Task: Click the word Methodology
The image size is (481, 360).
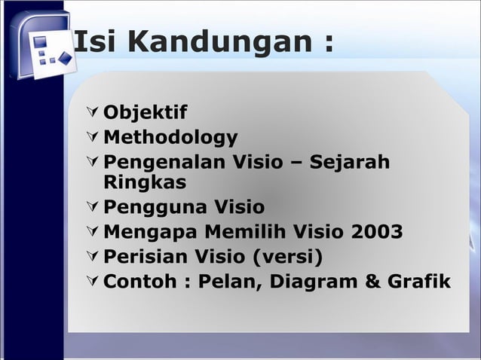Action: click(170, 138)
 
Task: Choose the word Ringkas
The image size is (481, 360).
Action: click(146, 182)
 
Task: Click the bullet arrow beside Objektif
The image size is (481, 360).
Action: click(92, 114)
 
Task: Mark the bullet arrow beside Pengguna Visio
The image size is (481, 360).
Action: click(92, 206)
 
